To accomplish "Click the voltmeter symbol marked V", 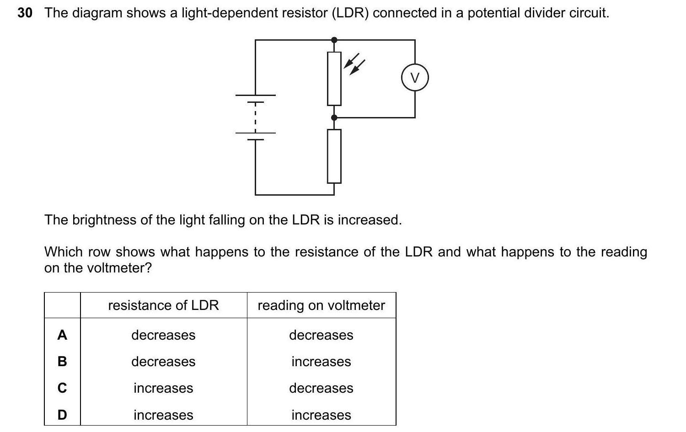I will click(415, 78).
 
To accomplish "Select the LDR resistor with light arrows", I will click(334, 79).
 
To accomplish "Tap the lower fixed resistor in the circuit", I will click(334, 156).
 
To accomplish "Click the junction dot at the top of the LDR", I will click(334, 40).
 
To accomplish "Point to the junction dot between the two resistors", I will click(334, 118).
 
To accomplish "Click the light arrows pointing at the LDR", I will click(354, 66).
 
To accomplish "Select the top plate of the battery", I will click(256, 96).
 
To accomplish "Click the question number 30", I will click(25, 13).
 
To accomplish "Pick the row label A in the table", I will click(62, 335).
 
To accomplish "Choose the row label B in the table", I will click(62, 362).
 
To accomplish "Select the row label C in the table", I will click(62, 388).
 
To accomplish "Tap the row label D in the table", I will click(62, 415).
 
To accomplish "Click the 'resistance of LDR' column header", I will click(163, 305).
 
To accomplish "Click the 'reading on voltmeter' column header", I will click(321, 305).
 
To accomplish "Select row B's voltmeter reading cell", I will click(321, 362).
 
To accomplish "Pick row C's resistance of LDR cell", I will click(163, 388).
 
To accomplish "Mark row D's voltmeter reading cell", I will click(321, 415).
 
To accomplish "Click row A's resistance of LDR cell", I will click(163, 335).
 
